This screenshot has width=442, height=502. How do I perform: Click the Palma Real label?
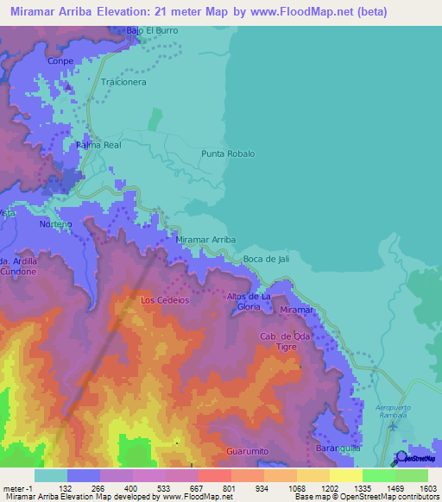(98, 145)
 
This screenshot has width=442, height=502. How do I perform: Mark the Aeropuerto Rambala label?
(395, 407)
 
